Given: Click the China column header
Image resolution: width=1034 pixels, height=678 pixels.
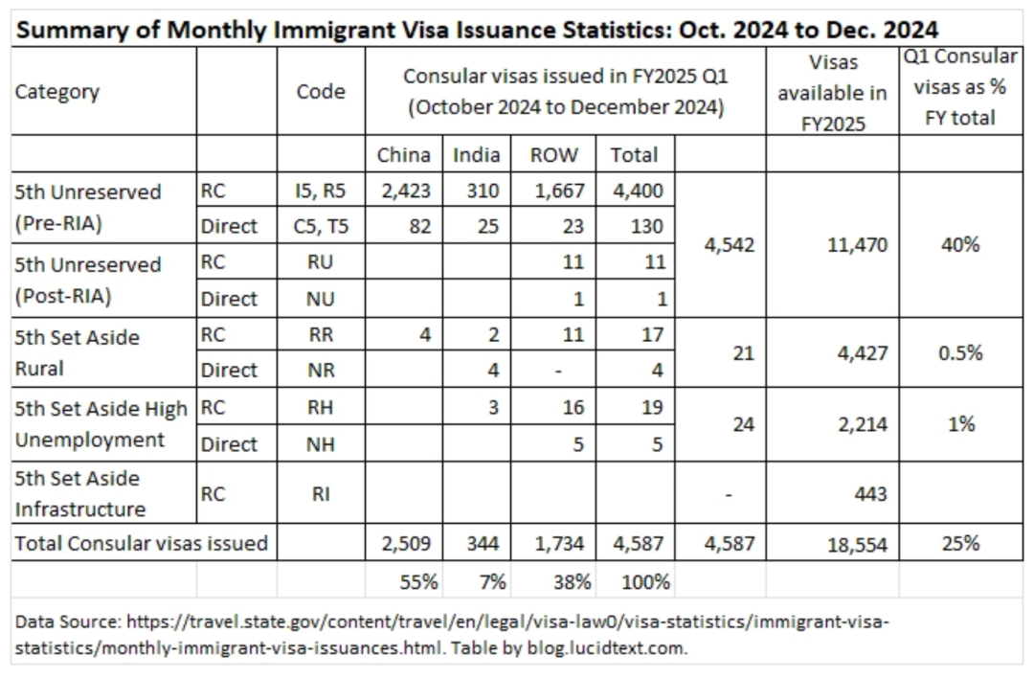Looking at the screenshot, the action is (404, 155).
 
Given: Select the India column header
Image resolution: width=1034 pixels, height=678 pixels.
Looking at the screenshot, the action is (476, 155).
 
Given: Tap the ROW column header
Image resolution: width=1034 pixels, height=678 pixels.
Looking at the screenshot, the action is (554, 155).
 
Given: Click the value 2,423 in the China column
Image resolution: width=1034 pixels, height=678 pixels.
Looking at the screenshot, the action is (406, 192).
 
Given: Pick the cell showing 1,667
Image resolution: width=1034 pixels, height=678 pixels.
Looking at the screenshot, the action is (559, 192).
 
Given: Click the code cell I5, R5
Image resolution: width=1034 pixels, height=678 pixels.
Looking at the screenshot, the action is (321, 192).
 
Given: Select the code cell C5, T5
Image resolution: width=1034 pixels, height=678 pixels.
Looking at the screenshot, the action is (321, 227).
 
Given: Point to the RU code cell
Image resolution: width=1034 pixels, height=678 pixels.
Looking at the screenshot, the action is (321, 262).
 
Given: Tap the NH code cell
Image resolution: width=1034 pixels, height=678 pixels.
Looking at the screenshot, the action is (321, 444).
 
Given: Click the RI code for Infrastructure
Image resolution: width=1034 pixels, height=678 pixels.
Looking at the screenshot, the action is (321, 494).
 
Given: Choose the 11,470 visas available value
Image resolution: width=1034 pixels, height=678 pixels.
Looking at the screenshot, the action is (857, 245).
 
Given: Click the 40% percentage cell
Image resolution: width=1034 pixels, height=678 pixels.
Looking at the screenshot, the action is (961, 245).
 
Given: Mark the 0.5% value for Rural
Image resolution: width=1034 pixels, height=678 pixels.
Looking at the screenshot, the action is (961, 353).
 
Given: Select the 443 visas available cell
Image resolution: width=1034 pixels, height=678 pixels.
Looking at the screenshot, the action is (870, 494).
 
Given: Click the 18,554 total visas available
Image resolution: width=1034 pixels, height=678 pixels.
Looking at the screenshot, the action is (857, 544).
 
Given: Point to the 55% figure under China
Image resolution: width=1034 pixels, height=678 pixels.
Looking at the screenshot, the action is (418, 582).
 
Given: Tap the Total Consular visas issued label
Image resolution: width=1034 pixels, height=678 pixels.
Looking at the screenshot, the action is (141, 544).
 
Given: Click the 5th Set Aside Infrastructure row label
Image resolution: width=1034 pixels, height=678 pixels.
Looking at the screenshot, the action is (80, 494).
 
